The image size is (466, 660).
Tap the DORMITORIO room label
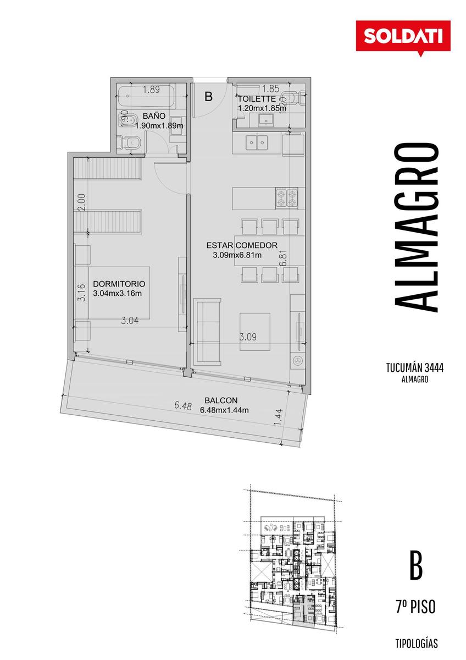click(x=119, y=284)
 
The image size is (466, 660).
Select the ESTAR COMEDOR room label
click(x=242, y=245)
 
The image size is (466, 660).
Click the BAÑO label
click(x=154, y=116)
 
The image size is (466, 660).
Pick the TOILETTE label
click(x=257, y=98)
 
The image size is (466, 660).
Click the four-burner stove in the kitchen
click(x=286, y=199)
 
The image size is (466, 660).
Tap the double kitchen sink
click(x=257, y=143)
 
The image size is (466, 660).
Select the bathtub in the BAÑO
click(x=146, y=96)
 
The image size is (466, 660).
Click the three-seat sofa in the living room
click(x=207, y=331)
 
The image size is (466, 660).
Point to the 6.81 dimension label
click(x=284, y=258)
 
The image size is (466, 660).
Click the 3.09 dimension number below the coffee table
click(x=248, y=337)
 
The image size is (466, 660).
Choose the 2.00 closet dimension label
click(x=83, y=201)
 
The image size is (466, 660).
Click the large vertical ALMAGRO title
click(x=415, y=228)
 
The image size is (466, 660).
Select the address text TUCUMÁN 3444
click(x=415, y=368)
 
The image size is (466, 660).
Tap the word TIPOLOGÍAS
click(x=415, y=643)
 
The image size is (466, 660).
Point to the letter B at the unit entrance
click(x=208, y=96)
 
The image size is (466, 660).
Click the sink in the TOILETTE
click(x=267, y=119)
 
